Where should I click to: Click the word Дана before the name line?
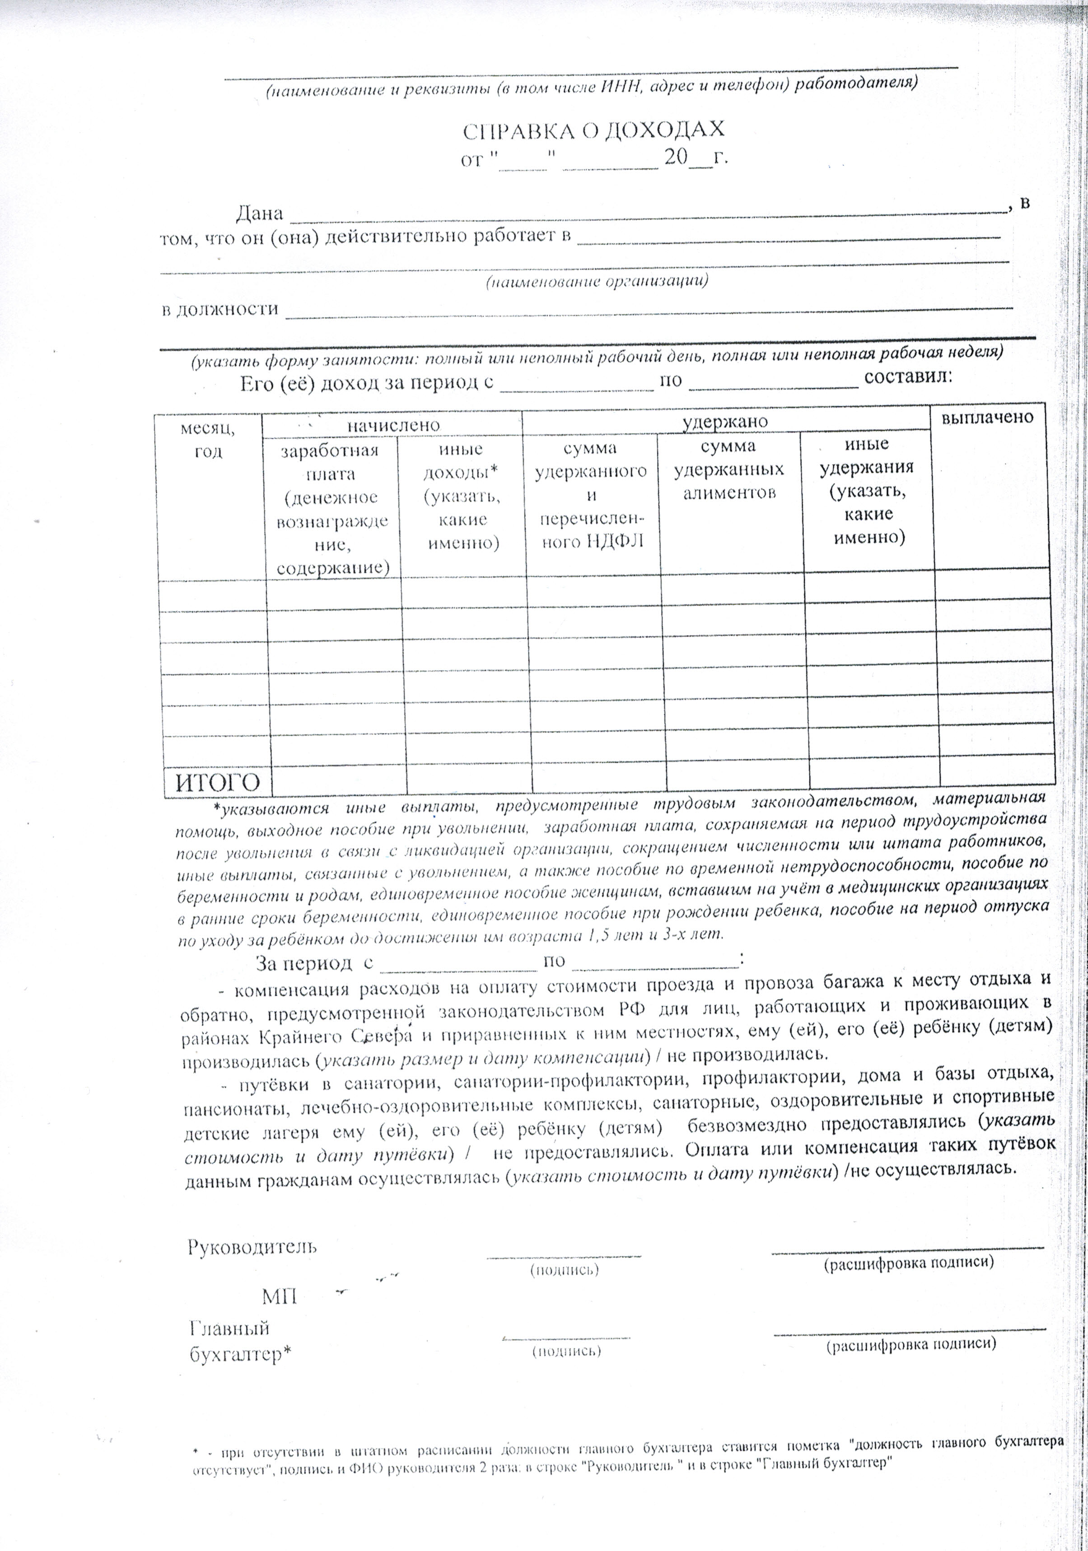pyautogui.click(x=259, y=214)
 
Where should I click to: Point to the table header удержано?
pyautogui.click(x=724, y=422)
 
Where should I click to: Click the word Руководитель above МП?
pyautogui.click(x=252, y=1246)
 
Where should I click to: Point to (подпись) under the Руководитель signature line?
pyautogui.click(x=564, y=1270)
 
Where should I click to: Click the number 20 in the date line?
pyautogui.click(x=675, y=158)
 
